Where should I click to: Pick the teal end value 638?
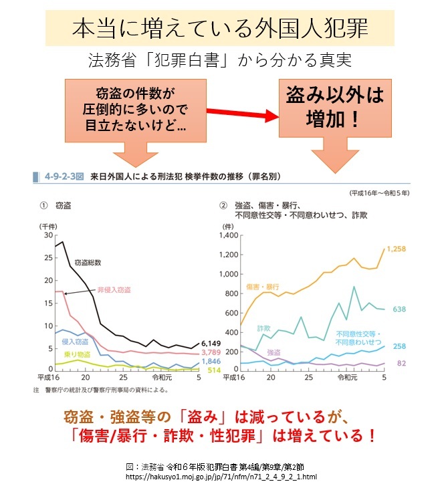click(400, 310)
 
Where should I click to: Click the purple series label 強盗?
click(273, 352)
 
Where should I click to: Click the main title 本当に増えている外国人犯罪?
click(220, 30)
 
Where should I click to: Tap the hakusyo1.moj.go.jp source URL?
click(221, 477)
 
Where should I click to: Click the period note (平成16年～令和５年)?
click(378, 193)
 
